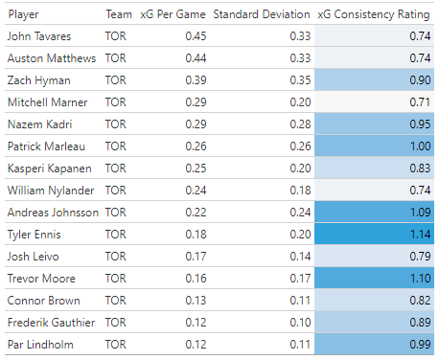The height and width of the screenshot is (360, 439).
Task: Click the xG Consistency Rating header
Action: point(372,15)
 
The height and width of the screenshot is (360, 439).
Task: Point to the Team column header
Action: point(119,15)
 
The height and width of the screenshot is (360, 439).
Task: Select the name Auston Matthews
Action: point(52,58)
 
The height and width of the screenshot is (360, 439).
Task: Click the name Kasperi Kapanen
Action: point(50,168)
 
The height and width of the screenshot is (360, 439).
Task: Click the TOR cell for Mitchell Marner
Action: point(115,101)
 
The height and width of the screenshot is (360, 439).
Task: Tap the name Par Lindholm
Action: point(38,343)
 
